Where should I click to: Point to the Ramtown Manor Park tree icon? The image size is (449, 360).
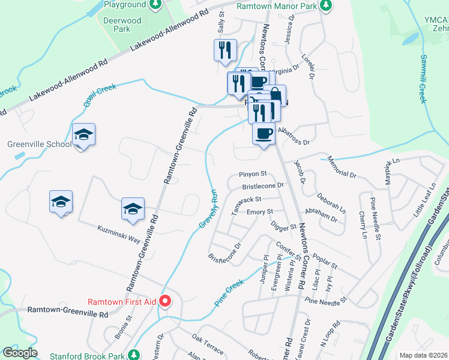tap(326, 5)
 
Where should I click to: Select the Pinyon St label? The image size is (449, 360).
tap(252, 174)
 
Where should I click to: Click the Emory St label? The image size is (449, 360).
tap(260, 212)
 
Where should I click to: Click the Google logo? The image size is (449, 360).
tap(20, 353)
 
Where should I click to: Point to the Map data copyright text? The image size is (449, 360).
tap(423, 355)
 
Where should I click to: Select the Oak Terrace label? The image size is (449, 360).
tap(207, 346)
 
